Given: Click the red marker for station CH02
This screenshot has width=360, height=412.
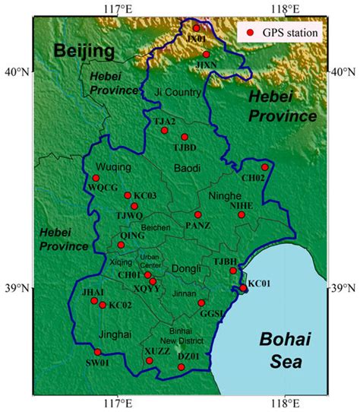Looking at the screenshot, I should pyautogui.click(x=265, y=167).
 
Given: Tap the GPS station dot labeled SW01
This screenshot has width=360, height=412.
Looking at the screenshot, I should pyautogui.click(x=97, y=352).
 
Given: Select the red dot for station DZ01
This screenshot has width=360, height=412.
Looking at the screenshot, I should pyautogui.click(x=181, y=367).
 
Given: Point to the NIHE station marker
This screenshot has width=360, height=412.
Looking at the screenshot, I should pyautogui.click(x=242, y=215).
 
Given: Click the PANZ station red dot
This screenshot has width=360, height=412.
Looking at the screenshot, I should pyautogui.click(x=197, y=215).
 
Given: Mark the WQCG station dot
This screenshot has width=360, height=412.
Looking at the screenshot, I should pyautogui.click(x=96, y=178).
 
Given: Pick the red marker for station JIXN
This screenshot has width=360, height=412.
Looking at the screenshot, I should pyautogui.click(x=206, y=55).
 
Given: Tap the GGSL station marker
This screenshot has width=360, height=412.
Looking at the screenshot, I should pyautogui.click(x=201, y=303).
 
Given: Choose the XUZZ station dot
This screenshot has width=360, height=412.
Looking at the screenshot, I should pyautogui.click(x=150, y=360).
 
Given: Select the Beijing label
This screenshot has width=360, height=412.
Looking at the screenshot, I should pyautogui.click(x=84, y=52).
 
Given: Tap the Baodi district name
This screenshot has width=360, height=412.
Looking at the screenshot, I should pyautogui.click(x=185, y=167).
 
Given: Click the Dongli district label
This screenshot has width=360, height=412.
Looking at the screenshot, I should pyautogui.click(x=186, y=268).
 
